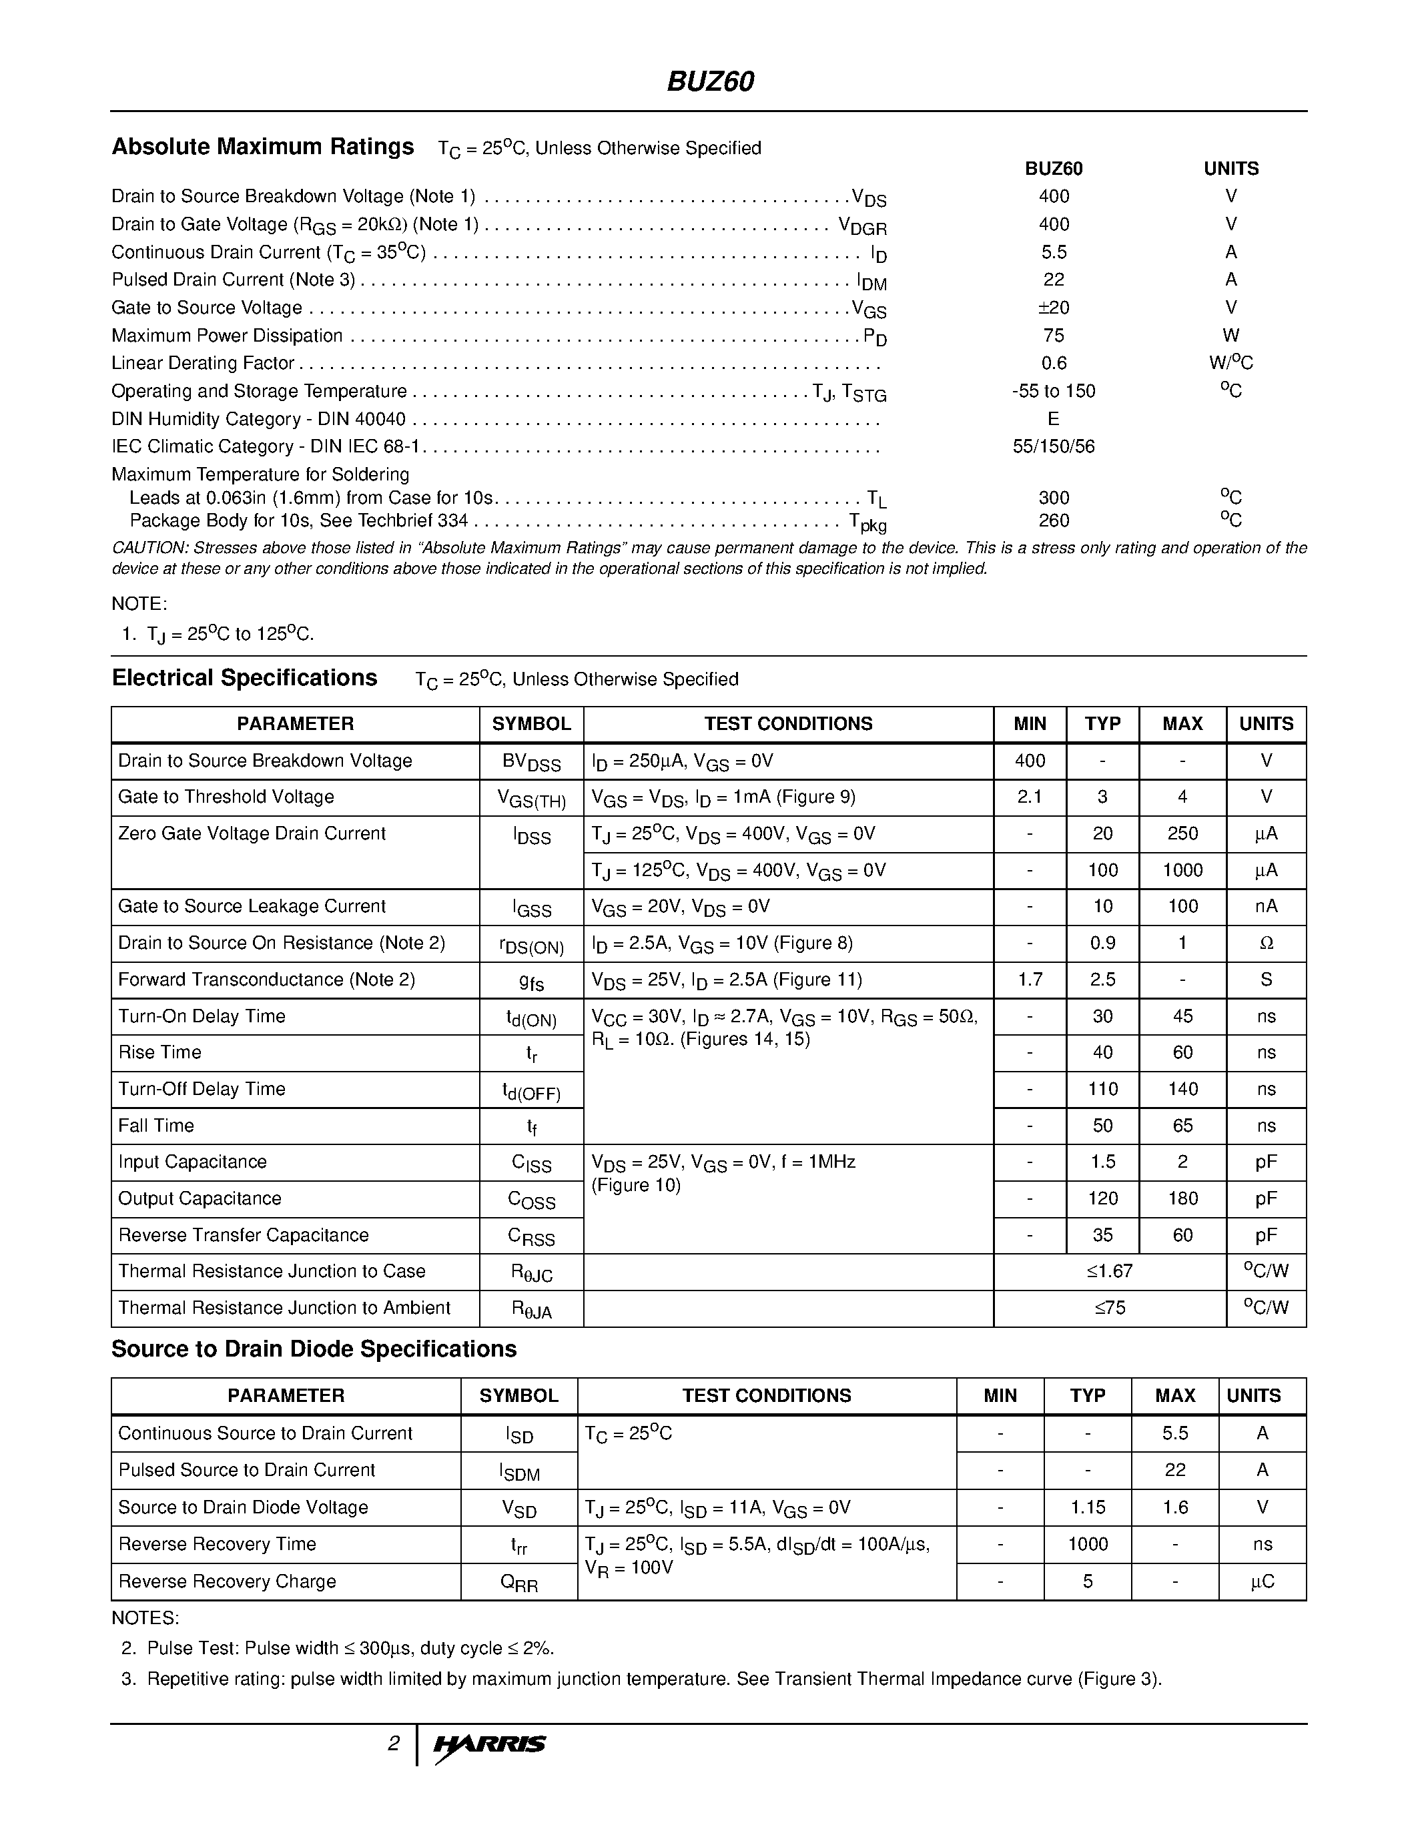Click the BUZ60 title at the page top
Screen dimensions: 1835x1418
coord(710,81)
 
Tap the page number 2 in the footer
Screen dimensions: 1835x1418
coord(393,1744)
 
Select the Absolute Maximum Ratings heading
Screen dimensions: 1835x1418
coord(262,147)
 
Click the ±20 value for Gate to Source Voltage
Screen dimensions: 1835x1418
coord(1054,308)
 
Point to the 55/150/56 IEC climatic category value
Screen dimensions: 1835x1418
coord(1054,446)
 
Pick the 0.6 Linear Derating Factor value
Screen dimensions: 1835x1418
coord(1054,363)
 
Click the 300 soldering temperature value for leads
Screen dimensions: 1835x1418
coord(1054,497)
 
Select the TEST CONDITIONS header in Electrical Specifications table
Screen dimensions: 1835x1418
coord(787,723)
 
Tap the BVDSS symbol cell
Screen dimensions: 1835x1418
coord(531,762)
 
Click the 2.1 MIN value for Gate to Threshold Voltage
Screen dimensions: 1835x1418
coord(1029,797)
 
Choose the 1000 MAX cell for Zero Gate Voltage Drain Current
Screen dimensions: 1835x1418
coord(1182,870)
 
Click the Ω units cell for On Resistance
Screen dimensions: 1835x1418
coord(1266,944)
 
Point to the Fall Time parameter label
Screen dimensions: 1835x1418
coord(156,1126)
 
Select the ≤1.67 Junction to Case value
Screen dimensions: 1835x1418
coord(1109,1271)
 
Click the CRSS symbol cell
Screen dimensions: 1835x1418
coord(531,1236)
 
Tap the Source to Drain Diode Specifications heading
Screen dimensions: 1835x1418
coord(314,1349)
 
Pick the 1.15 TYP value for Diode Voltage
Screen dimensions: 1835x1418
coord(1087,1507)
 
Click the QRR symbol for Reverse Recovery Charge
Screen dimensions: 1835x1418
coord(518,1582)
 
